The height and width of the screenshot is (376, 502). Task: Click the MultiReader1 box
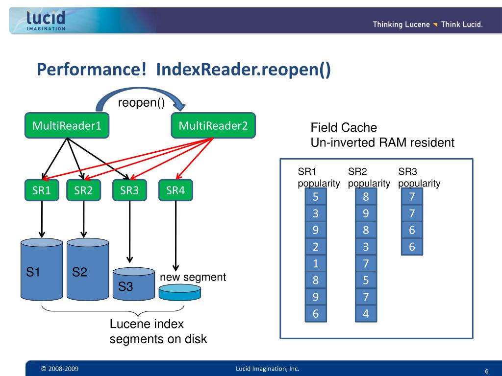coord(67,125)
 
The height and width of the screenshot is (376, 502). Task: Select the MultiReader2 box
coord(213,125)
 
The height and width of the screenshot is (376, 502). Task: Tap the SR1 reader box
coord(42,190)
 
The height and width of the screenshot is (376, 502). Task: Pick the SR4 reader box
coord(176,190)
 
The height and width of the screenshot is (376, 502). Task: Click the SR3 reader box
coord(129,190)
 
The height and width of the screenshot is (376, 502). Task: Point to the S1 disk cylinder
coord(42,270)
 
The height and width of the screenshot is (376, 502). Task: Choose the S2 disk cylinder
coord(88,270)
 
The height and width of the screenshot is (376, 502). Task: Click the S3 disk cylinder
coord(134,284)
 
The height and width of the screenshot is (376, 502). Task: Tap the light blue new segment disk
coord(180,293)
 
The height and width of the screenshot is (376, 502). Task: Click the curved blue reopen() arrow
coord(141,91)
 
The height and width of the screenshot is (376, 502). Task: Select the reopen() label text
coord(141,102)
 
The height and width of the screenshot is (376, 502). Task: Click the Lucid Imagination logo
coord(46,21)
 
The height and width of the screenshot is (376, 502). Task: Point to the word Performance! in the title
coord(92,69)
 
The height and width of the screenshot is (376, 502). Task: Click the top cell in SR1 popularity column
coord(316,196)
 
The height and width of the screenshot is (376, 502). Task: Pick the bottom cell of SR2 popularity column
coord(366,313)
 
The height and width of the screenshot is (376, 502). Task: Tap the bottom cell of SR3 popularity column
coord(412,247)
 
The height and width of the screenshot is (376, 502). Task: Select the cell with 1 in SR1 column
coord(316,263)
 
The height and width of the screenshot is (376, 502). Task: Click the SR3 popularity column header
coord(419,177)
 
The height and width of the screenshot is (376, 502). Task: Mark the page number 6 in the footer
coord(487,371)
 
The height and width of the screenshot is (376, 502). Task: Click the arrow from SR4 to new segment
coord(176,236)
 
